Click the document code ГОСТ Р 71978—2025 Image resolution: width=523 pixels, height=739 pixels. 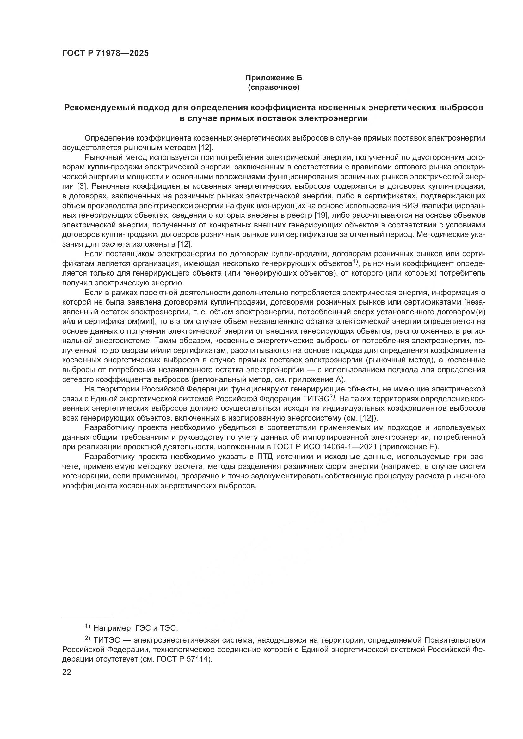pyautogui.click(x=105, y=53)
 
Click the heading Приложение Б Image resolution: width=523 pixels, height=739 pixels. pyautogui.click(x=274, y=78)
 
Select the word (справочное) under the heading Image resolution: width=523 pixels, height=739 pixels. pyautogui.click(x=274, y=88)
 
